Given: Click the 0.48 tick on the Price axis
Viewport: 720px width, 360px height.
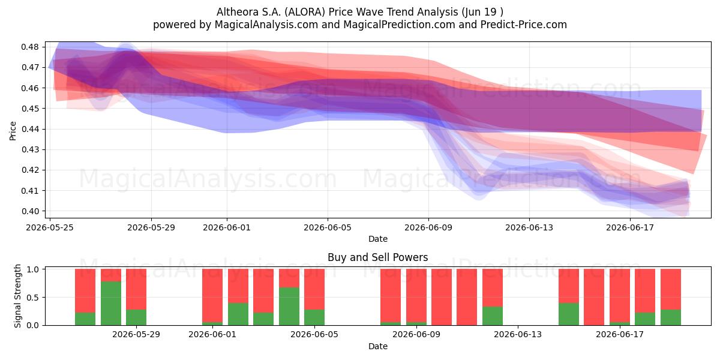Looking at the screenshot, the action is point(30,47).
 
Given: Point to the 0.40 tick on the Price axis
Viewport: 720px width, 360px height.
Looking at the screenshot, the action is point(30,211).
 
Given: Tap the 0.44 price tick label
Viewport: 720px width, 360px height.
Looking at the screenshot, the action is point(30,129).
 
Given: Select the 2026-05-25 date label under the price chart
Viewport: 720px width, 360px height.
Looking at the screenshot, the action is point(50,227).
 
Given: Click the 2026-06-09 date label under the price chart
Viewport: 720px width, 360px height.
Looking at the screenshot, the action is point(428,227).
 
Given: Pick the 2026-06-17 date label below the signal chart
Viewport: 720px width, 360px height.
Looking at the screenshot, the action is point(620,335).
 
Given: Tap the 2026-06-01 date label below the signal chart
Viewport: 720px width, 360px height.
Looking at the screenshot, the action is point(212,335).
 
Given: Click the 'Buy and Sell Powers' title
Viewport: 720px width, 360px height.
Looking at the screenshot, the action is point(377,257).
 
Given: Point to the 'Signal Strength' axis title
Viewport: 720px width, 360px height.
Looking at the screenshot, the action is point(17,296).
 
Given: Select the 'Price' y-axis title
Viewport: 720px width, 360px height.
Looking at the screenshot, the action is point(13,131).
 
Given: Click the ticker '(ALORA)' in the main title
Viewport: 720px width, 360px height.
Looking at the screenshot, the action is point(305,12).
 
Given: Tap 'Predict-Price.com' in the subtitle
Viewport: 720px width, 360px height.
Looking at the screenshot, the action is point(524,25).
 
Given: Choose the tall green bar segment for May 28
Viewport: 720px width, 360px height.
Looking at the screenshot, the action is point(111,304).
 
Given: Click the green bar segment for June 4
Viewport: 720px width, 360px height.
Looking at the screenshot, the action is point(289,307).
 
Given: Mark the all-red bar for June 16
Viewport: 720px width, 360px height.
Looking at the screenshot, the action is point(594,297).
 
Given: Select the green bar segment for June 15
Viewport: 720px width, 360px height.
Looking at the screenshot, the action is point(569,314).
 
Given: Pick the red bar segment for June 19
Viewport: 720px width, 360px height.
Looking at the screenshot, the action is point(671,289).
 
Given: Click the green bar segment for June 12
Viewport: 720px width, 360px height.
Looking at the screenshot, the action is point(493,316).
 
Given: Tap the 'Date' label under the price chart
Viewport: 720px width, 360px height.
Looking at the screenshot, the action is point(377,239).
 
